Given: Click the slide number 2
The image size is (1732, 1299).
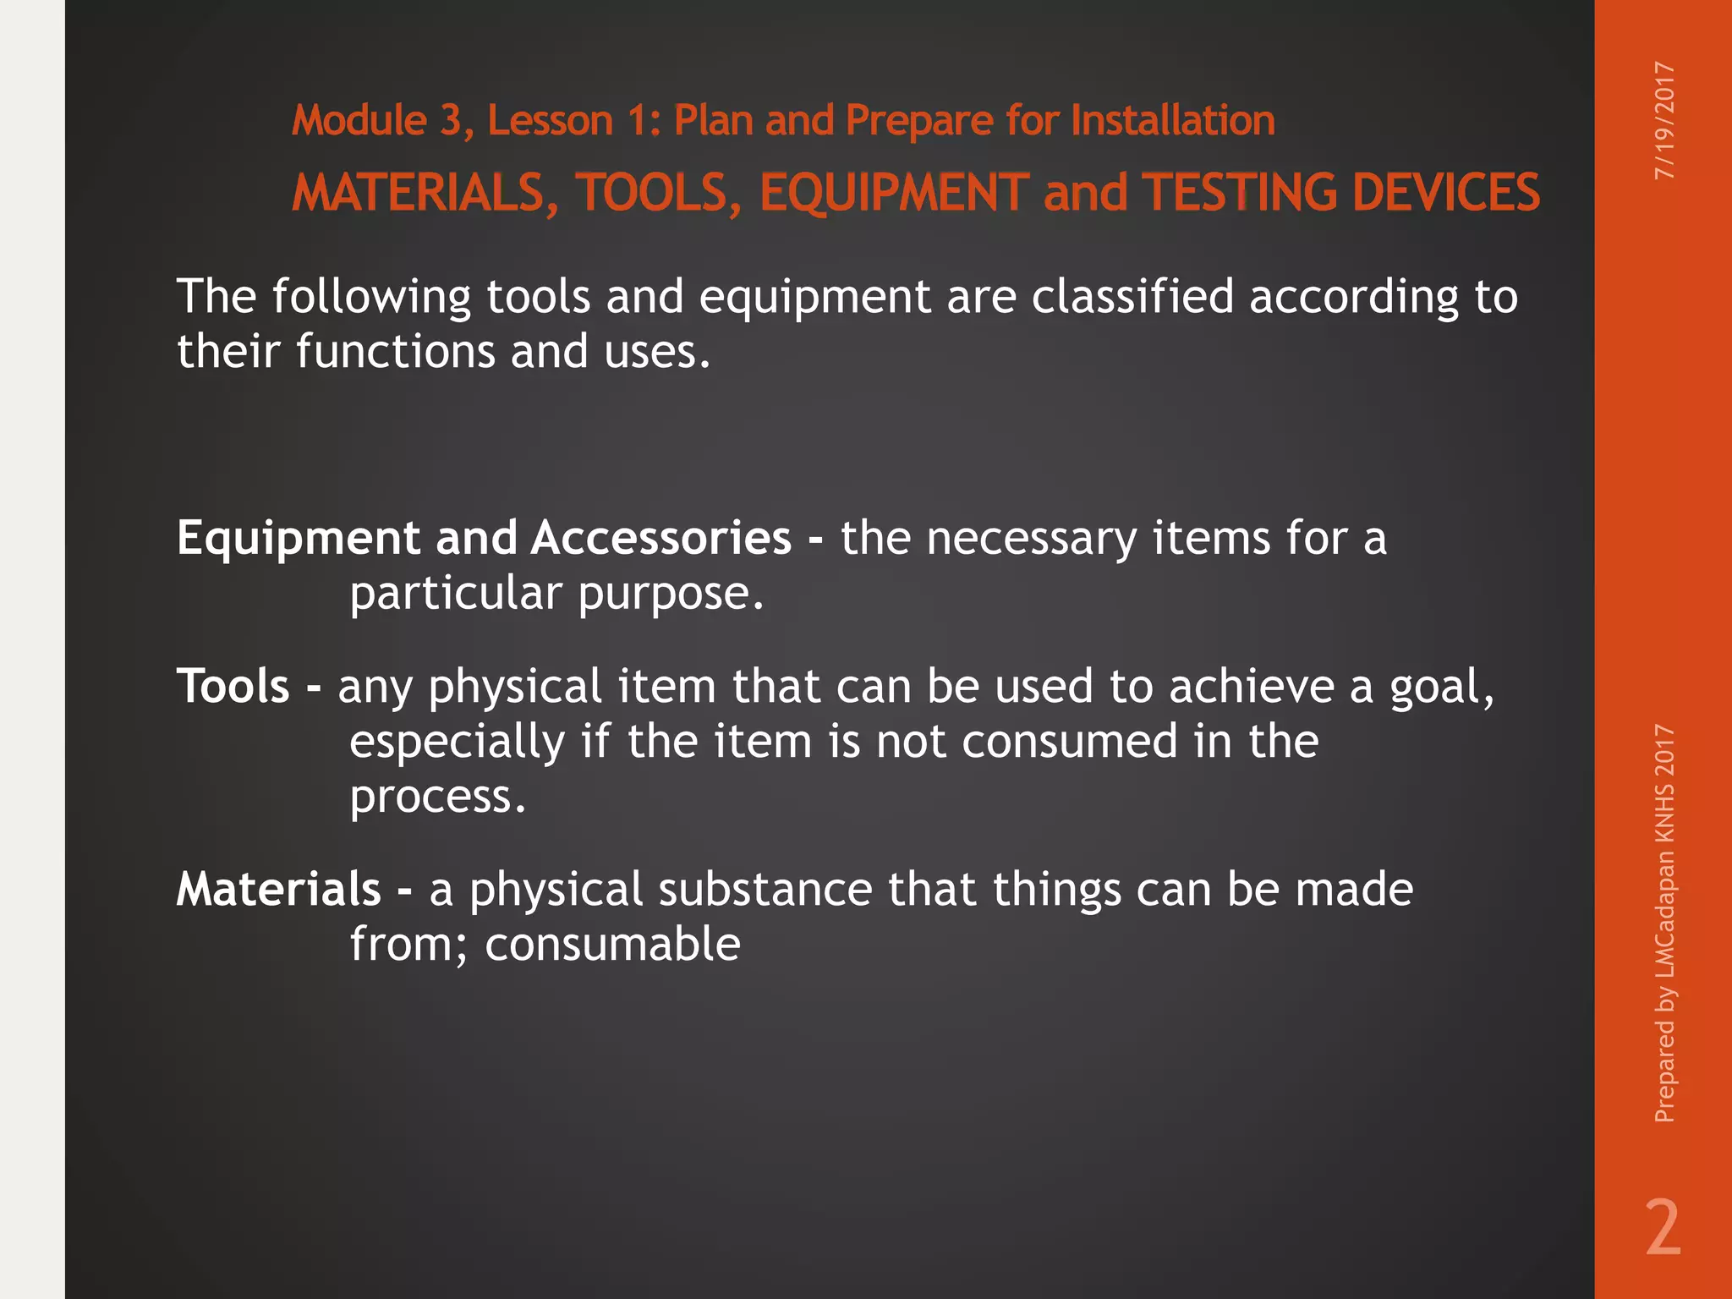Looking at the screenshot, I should click(1663, 1228).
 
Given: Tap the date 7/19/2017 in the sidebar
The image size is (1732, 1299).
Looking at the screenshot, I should click(1663, 120).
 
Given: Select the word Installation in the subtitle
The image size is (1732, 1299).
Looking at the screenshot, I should click(1172, 120).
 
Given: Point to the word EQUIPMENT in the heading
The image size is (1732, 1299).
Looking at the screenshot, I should click(894, 193).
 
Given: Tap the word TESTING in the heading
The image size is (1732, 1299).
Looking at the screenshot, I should click(1240, 193).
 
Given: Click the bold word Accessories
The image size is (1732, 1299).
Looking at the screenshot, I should click(660, 538).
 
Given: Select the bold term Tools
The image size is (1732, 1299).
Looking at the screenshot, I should click(233, 686).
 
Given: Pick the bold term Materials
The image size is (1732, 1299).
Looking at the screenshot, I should click(278, 890).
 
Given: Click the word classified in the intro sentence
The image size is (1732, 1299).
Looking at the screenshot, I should click(1132, 297).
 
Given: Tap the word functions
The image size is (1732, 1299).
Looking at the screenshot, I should click(395, 352).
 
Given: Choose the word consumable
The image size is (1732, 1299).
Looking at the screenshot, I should click(612, 945).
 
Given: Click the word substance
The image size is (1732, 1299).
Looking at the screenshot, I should click(765, 890).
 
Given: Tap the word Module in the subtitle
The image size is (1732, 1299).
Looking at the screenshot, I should click(359, 120).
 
